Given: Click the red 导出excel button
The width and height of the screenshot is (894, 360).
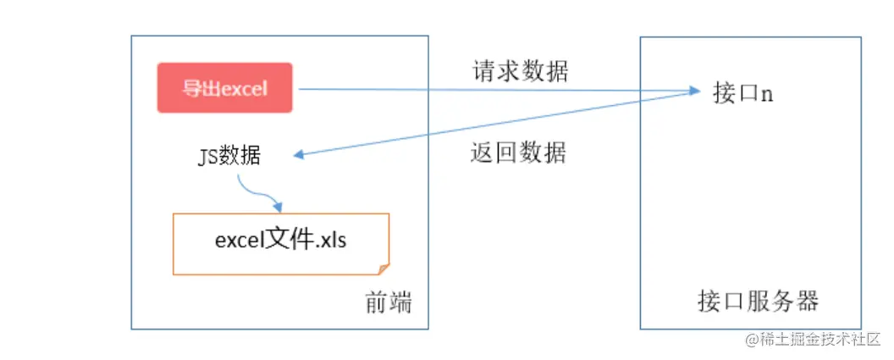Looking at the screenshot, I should (x=224, y=88).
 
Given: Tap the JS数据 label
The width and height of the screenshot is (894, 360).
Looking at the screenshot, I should (x=229, y=156).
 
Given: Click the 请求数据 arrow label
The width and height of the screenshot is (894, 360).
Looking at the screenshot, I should (x=520, y=72).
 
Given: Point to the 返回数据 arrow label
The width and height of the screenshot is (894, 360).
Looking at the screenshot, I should (x=518, y=153).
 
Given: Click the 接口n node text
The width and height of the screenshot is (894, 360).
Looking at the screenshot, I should (x=742, y=93).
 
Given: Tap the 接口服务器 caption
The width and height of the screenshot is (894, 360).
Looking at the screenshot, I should (x=758, y=302).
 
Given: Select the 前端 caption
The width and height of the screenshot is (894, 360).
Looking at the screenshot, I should (x=389, y=302).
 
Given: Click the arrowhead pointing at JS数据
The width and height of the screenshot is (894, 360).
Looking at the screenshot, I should (x=300, y=155).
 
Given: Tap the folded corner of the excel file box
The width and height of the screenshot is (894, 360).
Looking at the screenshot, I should (x=384, y=269).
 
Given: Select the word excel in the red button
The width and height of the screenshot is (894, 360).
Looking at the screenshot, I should (x=246, y=88).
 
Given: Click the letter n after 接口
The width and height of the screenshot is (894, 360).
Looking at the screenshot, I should (x=766, y=94).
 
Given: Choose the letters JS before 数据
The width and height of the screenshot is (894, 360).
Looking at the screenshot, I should (x=207, y=156).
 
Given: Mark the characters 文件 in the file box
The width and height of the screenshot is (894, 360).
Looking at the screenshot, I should (x=290, y=240).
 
